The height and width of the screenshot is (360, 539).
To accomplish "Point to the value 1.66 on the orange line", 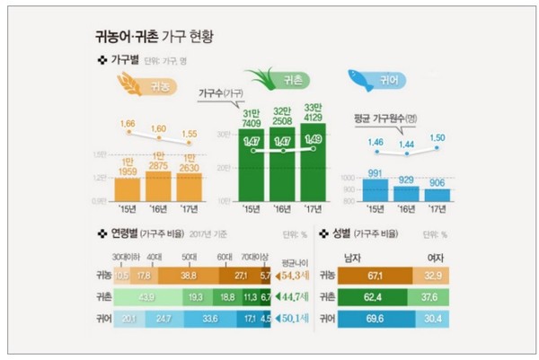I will click(129, 122).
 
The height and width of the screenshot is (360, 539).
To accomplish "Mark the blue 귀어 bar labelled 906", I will click(438, 194).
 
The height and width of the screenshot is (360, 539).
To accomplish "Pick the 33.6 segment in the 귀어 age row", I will click(208, 317).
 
